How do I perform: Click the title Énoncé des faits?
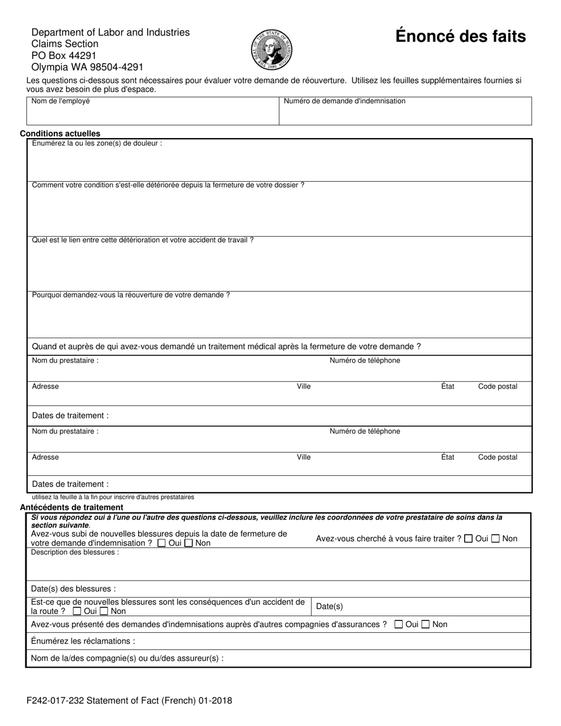pos(460,37)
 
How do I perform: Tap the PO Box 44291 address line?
pos(64,55)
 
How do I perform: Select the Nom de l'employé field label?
pos(61,102)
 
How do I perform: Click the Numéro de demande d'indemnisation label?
pos(344,102)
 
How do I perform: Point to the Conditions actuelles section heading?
pos(60,133)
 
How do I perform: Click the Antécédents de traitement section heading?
pos(71,507)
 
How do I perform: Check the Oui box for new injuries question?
pos(162,543)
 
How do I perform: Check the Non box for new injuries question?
pos(189,543)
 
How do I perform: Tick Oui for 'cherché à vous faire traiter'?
pos(469,538)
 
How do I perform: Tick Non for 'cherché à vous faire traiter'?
pos(496,538)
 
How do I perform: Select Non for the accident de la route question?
pos(104,611)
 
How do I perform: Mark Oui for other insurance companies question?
pos(399,624)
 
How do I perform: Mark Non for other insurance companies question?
pos(426,624)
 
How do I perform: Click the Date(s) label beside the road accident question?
pos(330,607)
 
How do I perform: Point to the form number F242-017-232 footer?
pos(129,701)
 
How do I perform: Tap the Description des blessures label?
pos(74,552)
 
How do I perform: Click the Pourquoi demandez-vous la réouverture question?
pos(131,295)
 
